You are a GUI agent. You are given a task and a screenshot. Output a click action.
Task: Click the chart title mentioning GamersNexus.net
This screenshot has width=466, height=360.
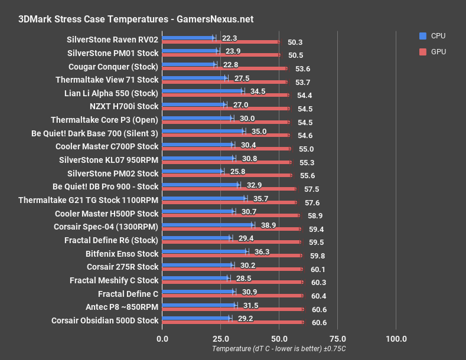136,19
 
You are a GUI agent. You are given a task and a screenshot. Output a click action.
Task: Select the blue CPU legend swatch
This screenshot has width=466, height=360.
422,35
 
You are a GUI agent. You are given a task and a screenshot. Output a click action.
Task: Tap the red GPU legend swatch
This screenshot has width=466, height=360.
422,51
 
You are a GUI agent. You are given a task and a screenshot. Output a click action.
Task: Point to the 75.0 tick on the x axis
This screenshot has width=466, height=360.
337,338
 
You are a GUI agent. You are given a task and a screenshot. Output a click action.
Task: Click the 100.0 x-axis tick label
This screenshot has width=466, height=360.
396,338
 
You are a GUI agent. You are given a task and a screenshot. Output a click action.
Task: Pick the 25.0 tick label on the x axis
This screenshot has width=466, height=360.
220,338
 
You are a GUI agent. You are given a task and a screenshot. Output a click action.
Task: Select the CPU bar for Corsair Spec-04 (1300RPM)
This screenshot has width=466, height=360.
207,225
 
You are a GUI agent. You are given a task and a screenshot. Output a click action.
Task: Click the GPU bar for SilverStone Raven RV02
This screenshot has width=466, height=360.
220,42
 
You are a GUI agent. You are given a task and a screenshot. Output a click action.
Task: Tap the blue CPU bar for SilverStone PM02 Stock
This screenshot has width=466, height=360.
192,171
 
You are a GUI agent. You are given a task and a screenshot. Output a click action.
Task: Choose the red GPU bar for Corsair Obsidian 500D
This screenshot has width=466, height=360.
233,322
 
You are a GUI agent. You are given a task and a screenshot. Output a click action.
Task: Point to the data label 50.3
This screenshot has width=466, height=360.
295,42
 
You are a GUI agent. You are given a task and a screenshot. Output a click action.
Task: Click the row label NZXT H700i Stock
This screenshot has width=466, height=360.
124,106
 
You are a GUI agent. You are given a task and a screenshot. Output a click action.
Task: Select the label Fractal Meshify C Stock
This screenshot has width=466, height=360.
114,280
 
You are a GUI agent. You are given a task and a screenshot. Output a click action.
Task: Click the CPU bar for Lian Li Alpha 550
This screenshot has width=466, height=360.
202,91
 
